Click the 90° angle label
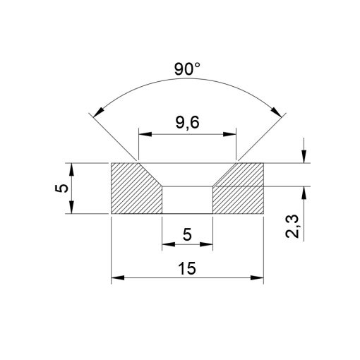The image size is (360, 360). tap(187, 70)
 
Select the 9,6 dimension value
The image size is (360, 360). tap(187, 122)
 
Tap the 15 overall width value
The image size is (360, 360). tap(187, 269)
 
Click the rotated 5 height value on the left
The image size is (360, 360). tap(62, 188)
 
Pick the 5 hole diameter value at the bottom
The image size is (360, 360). tap(187, 235)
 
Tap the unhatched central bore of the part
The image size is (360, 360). tap(187, 200)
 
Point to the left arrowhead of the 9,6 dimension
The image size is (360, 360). tap(143, 132)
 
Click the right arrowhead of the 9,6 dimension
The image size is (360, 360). tap(231, 132)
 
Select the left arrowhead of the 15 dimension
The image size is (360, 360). tap(116, 279)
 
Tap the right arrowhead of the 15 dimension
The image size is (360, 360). tap(258, 279)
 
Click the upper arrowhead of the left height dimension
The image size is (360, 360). tap(72, 168)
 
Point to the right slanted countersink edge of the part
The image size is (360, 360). tap(223, 176)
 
